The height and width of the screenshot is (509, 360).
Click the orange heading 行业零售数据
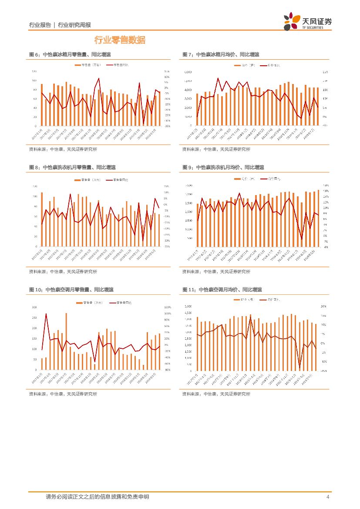click(x=120, y=40)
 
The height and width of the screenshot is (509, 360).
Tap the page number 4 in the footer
click(x=327, y=497)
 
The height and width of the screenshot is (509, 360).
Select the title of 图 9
click(x=223, y=167)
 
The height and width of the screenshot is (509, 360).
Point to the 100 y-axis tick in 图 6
click(x=34, y=81)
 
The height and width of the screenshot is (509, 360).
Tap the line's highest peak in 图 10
click(x=46, y=313)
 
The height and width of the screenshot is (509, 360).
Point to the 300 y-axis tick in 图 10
click(x=34, y=307)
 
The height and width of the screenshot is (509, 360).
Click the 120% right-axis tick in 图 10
click(x=167, y=307)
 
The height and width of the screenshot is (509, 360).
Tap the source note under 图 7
click(x=216, y=149)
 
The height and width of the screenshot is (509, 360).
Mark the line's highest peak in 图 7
click(x=218, y=78)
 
